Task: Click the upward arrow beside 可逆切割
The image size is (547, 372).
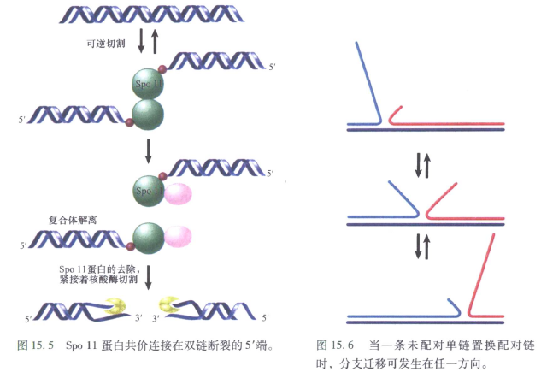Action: (x=154, y=39)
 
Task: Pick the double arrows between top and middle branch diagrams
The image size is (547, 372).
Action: (x=422, y=164)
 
